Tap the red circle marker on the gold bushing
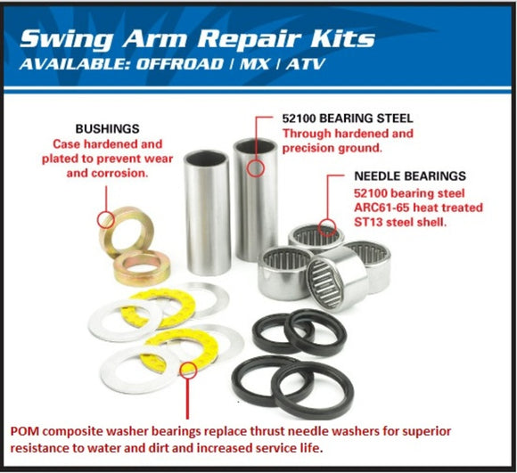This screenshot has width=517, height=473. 106,218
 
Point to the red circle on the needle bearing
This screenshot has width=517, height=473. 327,228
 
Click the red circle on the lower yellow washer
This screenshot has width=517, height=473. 188,371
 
